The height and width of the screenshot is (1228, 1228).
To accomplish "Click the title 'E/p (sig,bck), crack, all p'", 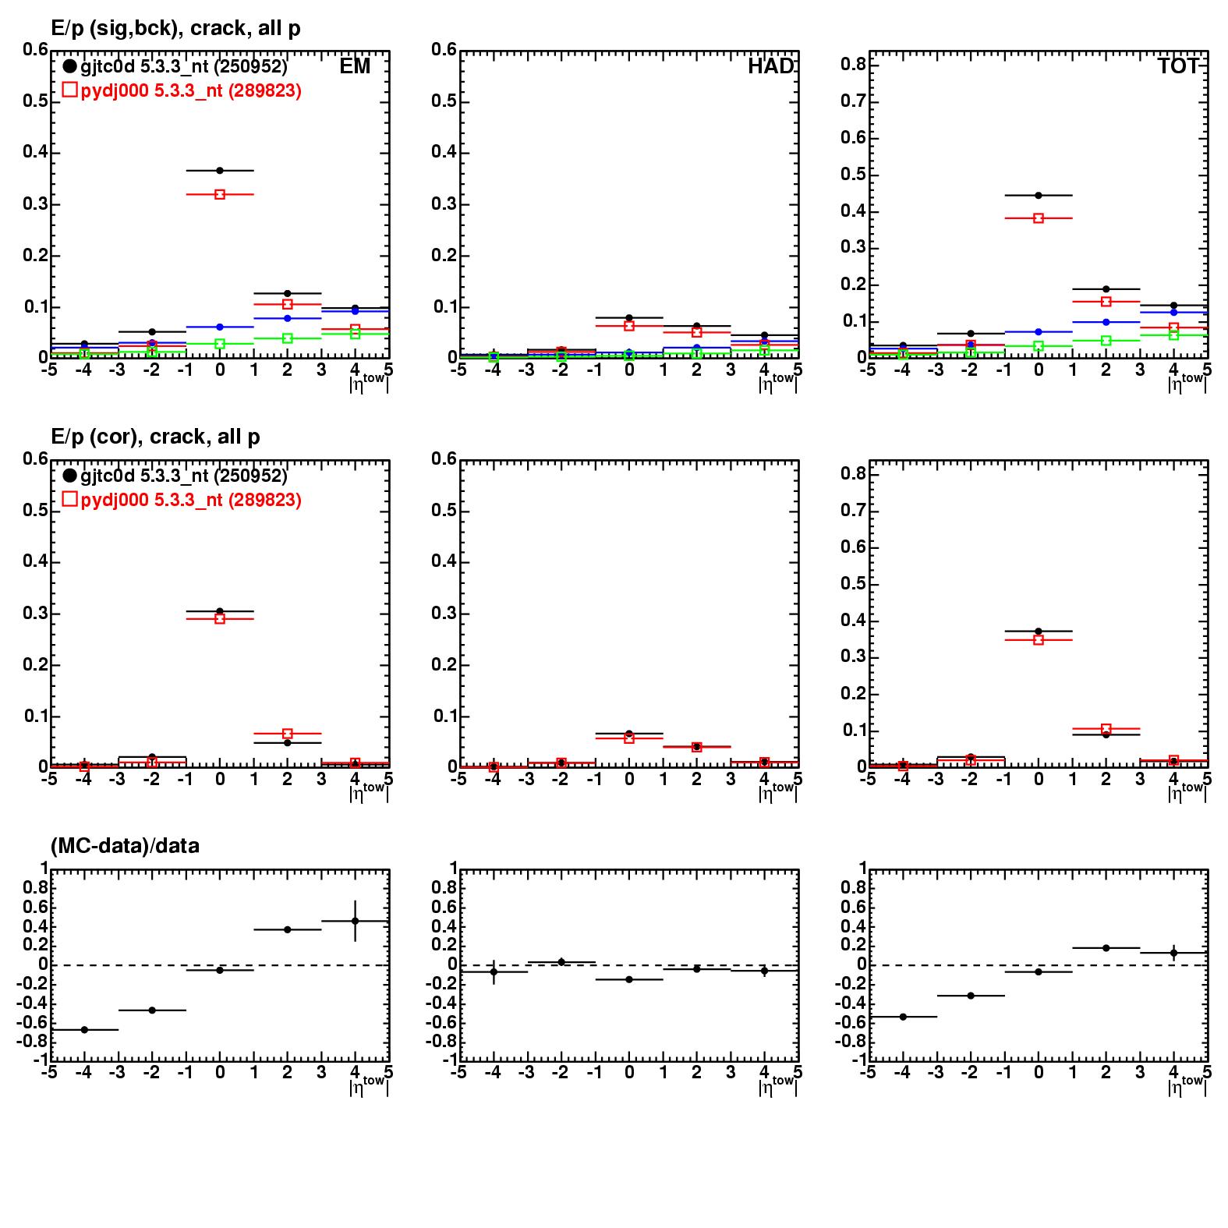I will [x=175, y=28].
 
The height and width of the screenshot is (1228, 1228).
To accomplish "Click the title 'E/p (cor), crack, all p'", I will [x=155, y=437].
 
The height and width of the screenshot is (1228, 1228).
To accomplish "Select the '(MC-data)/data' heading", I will [x=125, y=845].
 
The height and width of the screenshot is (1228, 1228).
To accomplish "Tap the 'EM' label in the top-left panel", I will [x=355, y=66].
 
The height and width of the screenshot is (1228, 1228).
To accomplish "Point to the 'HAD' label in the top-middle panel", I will [x=770, y=66].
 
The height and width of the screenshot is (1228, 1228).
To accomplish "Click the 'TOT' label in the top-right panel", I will [x=1178, y=66].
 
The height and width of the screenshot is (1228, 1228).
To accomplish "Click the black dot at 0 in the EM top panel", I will [x=220, y=170].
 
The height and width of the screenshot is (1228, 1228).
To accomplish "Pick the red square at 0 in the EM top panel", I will [x=220, y=194].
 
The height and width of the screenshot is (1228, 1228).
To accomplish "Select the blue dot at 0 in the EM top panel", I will [x=220, y=327].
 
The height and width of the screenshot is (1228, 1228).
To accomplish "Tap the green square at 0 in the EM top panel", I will [x=220, y=344].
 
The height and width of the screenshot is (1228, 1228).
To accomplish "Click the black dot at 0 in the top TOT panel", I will [x=1039, y=195].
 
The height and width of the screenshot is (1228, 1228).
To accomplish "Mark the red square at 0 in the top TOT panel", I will [x=1039, y=218].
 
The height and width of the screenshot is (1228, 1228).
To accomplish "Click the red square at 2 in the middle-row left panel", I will [x=288, y=734].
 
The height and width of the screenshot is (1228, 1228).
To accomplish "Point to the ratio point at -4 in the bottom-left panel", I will [x=84, y=1030].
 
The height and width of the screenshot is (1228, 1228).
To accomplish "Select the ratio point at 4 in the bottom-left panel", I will [x=356, y=921].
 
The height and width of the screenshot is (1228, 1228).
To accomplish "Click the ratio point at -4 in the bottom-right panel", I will [x=903, y=1017].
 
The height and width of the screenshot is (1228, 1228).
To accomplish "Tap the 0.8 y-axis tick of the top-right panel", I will [x=852, y=65].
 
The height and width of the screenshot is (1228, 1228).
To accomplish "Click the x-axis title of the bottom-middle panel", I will [x=777, y=1084].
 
